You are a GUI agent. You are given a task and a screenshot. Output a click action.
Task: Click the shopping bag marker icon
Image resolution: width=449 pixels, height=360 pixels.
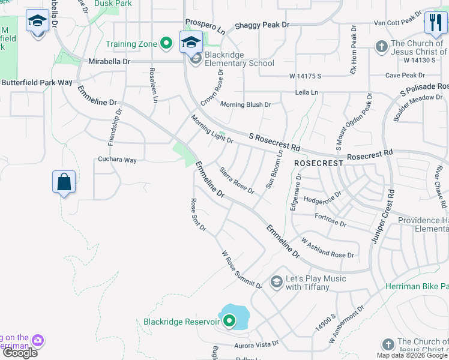(x=64, y=181)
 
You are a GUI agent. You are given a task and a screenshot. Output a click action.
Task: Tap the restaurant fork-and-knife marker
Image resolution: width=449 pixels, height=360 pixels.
(x=435, y=23)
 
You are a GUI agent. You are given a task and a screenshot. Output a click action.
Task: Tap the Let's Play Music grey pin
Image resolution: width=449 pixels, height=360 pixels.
(x=276, y=281)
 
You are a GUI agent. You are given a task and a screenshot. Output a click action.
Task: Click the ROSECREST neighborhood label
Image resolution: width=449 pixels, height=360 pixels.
(x=318, y=163)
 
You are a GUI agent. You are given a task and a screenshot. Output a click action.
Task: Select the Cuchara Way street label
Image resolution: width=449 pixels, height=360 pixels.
(x=118, y=160)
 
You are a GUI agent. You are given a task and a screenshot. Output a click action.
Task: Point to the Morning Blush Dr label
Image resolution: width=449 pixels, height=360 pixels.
(x=246, y=104)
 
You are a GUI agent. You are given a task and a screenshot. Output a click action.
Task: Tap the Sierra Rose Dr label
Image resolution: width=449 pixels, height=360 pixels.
(x=237, y=181)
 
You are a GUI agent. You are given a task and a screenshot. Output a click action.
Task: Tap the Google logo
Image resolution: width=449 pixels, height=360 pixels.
(x=20, y=353)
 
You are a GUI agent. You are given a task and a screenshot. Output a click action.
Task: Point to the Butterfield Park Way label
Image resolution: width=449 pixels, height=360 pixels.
(x=36, y=82)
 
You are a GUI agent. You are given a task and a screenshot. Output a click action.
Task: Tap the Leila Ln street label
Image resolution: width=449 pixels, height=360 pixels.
(x=307, y=92)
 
